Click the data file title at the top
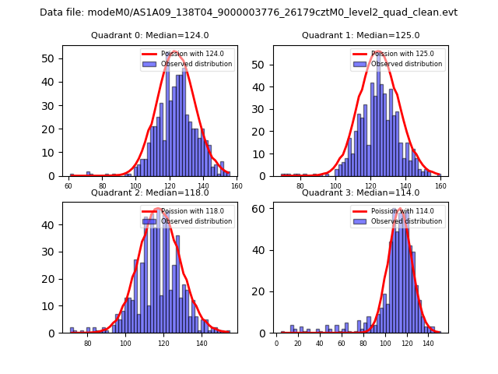coord(248,12)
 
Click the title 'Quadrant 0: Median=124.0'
coord(149,35)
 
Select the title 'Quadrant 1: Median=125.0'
coord(360,35)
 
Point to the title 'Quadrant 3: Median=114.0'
coord(360,192)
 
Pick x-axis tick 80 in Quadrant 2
coord(87,344)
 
